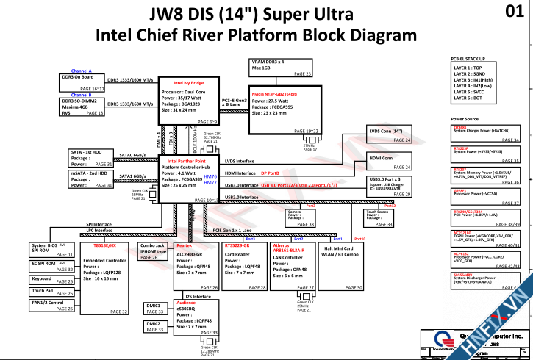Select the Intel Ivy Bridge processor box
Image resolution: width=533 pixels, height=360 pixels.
188,102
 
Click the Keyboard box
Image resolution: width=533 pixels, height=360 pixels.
52,279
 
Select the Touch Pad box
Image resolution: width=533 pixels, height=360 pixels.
52,291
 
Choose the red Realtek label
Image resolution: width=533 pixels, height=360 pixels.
185,245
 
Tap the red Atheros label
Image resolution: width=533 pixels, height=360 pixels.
280,245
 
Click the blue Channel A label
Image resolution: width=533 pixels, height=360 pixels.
82,70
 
